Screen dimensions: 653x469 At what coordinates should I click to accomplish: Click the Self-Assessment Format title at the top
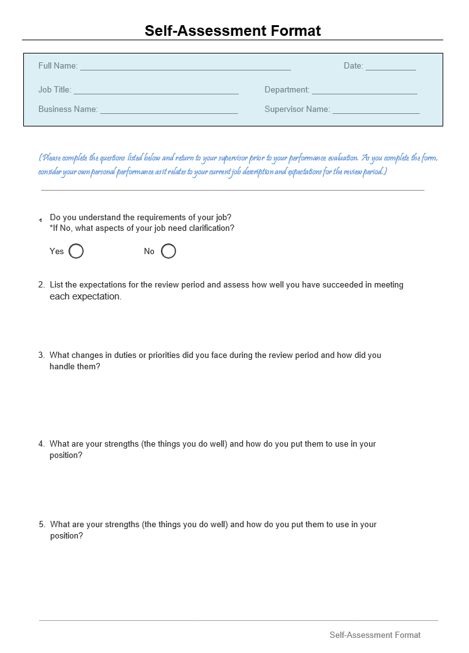point(233,31)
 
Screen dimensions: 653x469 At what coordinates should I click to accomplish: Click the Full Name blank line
point(185,67)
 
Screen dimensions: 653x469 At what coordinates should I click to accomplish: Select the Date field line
point(390,67)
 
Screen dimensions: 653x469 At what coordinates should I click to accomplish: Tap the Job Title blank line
point(156,92)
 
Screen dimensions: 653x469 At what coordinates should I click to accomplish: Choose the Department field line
point(364,92)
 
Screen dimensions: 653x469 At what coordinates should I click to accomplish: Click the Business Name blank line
point(168,111)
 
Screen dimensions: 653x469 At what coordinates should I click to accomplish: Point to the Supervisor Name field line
point(376,111)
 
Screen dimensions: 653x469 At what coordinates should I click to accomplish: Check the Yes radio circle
point(76,251)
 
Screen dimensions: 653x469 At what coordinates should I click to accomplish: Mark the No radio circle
point(168,251)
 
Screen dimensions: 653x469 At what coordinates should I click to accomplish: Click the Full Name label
point(58,66)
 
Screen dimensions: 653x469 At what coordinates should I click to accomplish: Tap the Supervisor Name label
point(297,109)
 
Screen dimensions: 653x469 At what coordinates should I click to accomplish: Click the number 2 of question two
point(41,285)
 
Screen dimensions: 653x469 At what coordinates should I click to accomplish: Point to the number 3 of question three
point(41,355)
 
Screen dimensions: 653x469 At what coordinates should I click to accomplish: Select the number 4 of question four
point(41,444)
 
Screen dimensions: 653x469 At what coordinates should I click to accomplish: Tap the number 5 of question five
point(41,525)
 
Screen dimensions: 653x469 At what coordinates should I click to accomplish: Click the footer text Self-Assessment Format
point(375,635)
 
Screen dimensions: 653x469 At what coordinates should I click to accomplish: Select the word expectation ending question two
point(96,296)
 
